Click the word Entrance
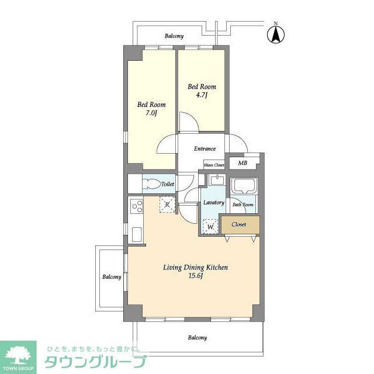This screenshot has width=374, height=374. click(x=205, y=148)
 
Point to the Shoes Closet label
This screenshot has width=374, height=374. click(x=214, y=165)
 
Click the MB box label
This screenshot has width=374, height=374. click(x=243, y=164)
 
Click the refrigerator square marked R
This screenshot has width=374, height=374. click(x=167, y=205)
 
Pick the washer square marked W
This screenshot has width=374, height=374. click(x=209, y=226)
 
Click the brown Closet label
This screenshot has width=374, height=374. click(x=238, y=224)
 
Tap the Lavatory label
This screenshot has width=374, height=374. click(x=214, y=203)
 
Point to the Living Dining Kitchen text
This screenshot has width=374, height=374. click(x=195, y=268)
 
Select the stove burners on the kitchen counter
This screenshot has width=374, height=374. click(x=137, y=206)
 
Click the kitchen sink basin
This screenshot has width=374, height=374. click(x=136, y=234)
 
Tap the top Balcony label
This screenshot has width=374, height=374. click(x=174, y=36)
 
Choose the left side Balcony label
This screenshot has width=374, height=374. click(x=112, y=277)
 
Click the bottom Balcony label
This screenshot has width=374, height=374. click(x=197, y=338)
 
